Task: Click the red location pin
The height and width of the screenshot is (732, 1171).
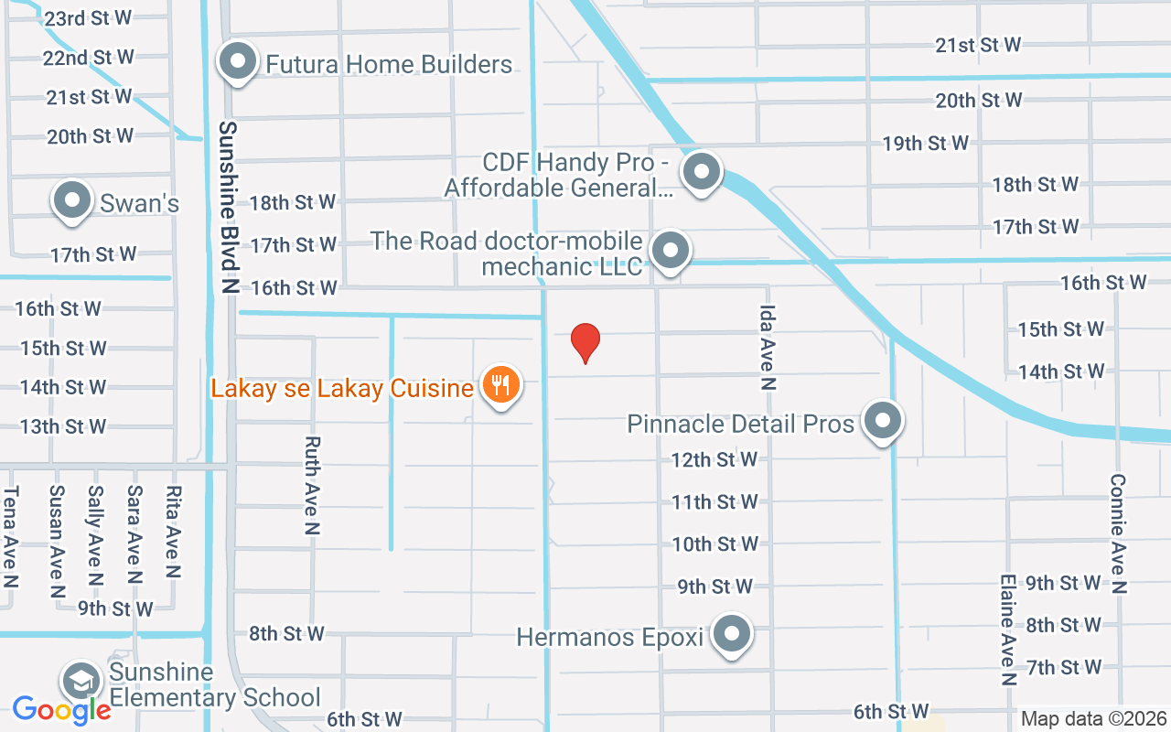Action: coord(585,342)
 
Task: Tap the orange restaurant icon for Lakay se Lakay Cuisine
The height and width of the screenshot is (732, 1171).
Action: coord(500,385)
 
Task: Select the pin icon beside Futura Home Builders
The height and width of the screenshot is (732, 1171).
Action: coord(239,63)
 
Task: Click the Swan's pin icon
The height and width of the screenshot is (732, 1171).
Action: coord(73,200)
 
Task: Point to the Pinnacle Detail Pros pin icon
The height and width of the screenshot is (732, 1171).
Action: coord(882,422)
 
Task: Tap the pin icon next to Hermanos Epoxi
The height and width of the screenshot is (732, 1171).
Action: coord(732,634)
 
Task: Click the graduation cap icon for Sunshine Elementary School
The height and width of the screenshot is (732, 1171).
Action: coord(81,682)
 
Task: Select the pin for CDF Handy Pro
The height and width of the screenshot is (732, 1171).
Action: coord(702,170)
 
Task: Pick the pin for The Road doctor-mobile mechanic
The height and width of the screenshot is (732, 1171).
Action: coord(671,250)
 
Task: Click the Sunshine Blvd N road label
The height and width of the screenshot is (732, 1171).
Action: coord(228,207)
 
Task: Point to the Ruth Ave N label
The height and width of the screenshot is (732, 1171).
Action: coord(312,485)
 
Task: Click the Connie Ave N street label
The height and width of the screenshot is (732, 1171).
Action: coord(1118,533)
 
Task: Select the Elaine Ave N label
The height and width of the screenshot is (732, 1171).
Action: coord(1008,630)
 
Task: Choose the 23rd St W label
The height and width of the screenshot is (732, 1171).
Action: coord(88,17)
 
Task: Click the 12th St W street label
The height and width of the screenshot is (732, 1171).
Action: coord(714,459)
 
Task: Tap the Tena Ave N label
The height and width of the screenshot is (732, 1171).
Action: coord(11,537)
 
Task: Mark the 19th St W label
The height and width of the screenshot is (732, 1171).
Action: coord(925,143)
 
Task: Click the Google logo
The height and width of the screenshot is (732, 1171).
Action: coord(61,709)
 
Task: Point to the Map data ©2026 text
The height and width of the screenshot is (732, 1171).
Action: coord(1092,718)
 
